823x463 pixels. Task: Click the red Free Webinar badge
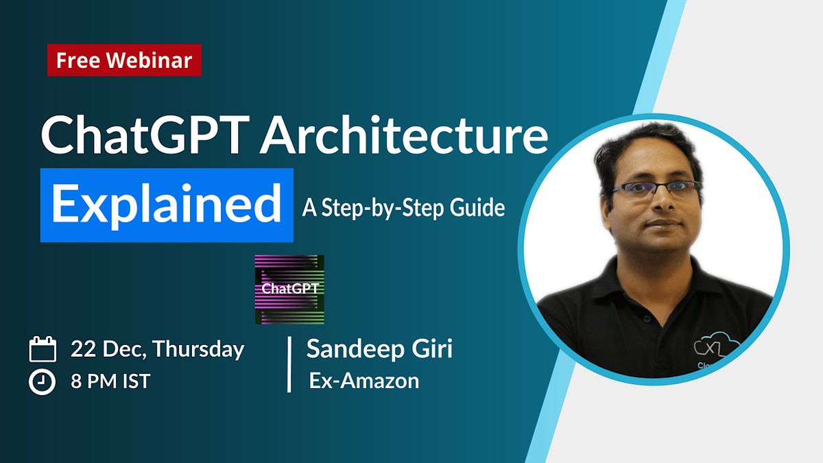pyautogui.click(x=124, y=60)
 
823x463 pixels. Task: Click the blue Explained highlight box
pyautogui.click(x=167, y=205)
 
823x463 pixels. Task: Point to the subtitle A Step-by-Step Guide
pyautogui.click(x=403, y=207)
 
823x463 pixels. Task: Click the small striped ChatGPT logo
pyautogui.click(x=289, y=289)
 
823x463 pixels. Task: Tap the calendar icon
pyautogui.click(x=43, y=350)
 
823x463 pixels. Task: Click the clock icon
pyautogui.click(x=43, y=382)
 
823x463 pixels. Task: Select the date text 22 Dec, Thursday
pyautogui.click(x=157, y=349)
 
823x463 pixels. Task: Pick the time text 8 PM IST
pyautogui.click(x=110, y=382)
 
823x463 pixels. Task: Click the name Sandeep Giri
pyautogui.click(x=379, y=349)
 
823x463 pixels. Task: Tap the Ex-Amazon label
pyautogui.click(x=363, y=381)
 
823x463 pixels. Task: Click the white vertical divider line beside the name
pyautogui.click(x=289, y=364)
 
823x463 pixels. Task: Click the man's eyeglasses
pyautogui.click(x=655, y=189)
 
